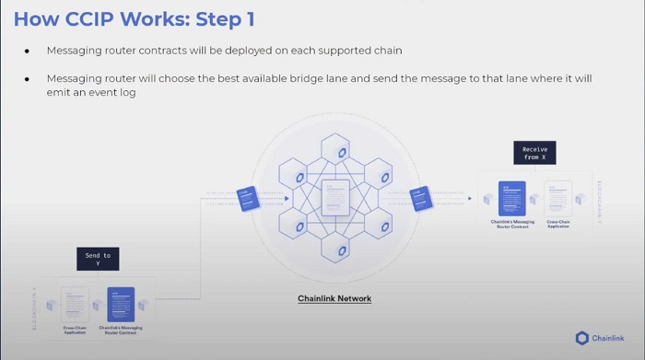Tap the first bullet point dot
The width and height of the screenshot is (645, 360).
tap(29, 50)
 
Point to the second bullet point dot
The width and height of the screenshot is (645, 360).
tap(29, 79)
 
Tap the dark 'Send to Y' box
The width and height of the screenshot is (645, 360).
tap(98, 260)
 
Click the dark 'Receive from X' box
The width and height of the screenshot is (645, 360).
tap(534, 152)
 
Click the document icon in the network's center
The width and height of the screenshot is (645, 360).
tap(334, 198)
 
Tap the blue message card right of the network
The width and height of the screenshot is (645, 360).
tap(421, 198)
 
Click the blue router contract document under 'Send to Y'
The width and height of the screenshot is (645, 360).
tap(121, 305)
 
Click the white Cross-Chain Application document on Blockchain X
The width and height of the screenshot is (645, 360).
tap(75, 305)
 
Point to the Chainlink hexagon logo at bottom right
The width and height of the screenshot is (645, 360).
tap(582, 338)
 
